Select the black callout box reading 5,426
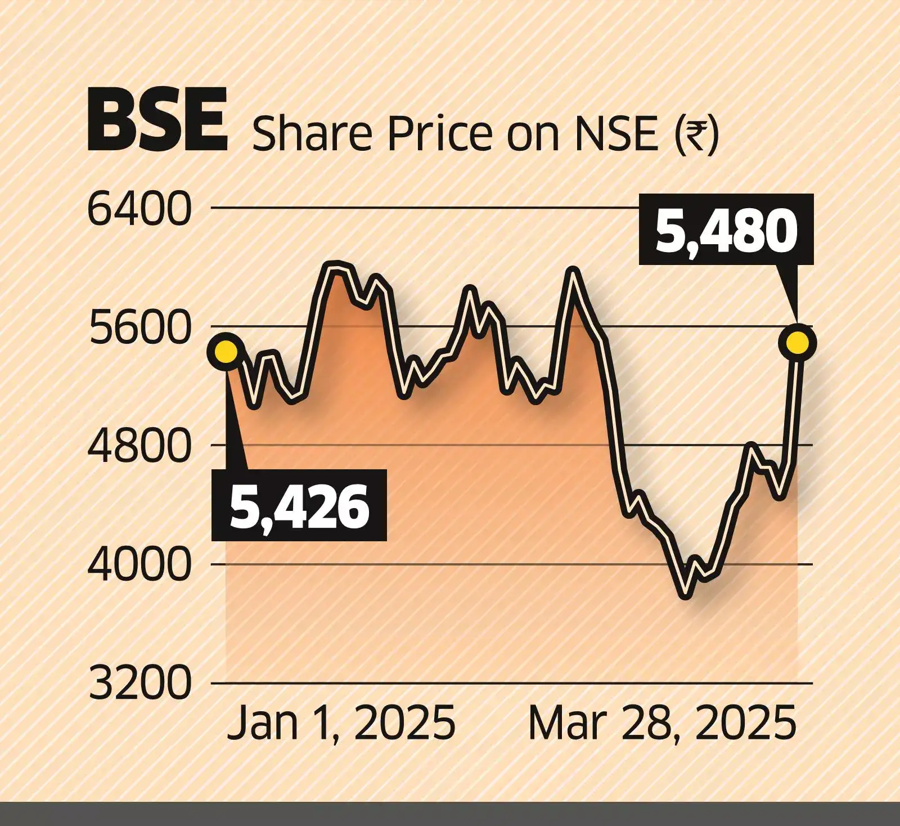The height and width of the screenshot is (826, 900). click(x=299, y=505)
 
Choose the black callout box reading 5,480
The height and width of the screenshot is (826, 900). click(x=726, y=229)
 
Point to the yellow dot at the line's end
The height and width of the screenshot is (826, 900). click(x=798, y=342)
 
